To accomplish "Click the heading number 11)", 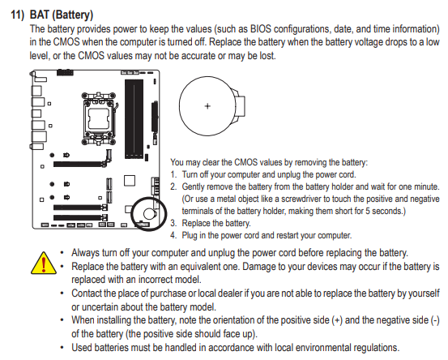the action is (18, 15).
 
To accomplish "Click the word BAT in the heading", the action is (40, 15).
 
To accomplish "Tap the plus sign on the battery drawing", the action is (207, 106).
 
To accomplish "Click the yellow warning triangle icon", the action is (44, 264).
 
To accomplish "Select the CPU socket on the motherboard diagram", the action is (99, 118).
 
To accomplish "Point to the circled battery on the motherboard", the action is (149, 213).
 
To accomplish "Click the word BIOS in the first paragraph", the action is (261, 29).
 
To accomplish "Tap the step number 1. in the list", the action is (173, 174).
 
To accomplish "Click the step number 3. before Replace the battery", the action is (173, 223).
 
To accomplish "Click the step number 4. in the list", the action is (173, 235).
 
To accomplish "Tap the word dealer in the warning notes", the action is (228, 294).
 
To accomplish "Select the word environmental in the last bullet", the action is (322, 347).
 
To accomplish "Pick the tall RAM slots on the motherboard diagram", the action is (134, 118).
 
